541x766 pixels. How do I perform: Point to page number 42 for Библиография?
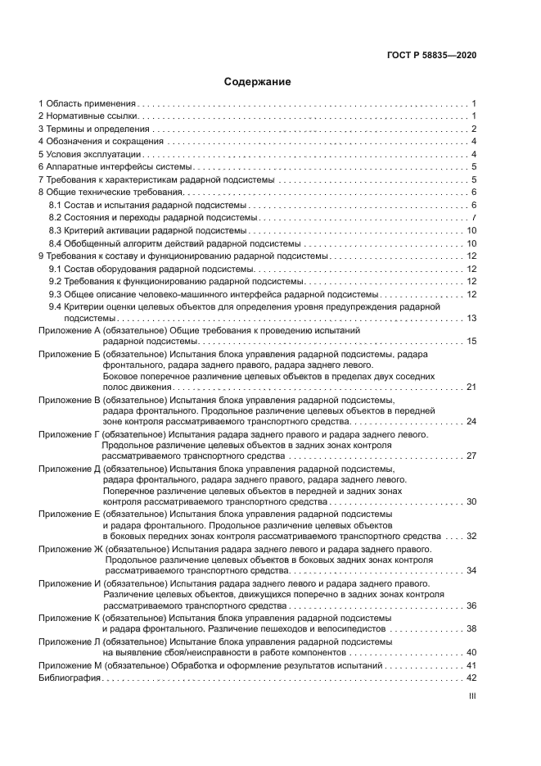coord(471,678)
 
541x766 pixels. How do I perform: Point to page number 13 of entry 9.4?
coord(471,319)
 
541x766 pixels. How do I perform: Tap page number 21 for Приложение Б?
coord(471,386)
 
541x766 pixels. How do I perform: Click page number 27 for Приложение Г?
coord(471,456)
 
